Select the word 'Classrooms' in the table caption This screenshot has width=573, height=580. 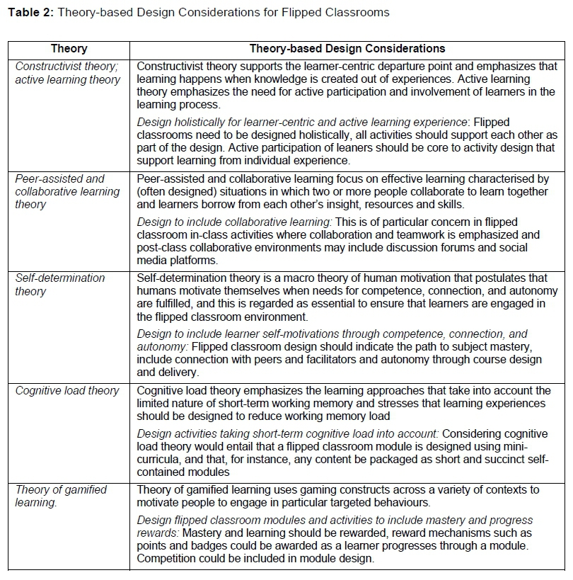(360, 12)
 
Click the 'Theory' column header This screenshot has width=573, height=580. (69, 49)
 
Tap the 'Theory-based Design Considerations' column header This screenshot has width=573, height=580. (347, 49)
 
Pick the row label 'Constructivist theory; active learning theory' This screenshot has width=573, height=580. (68, 73)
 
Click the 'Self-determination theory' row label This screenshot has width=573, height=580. (60, 285)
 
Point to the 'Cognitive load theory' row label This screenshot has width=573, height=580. (67, 390)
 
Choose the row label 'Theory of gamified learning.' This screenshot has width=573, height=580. (61, 496)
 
